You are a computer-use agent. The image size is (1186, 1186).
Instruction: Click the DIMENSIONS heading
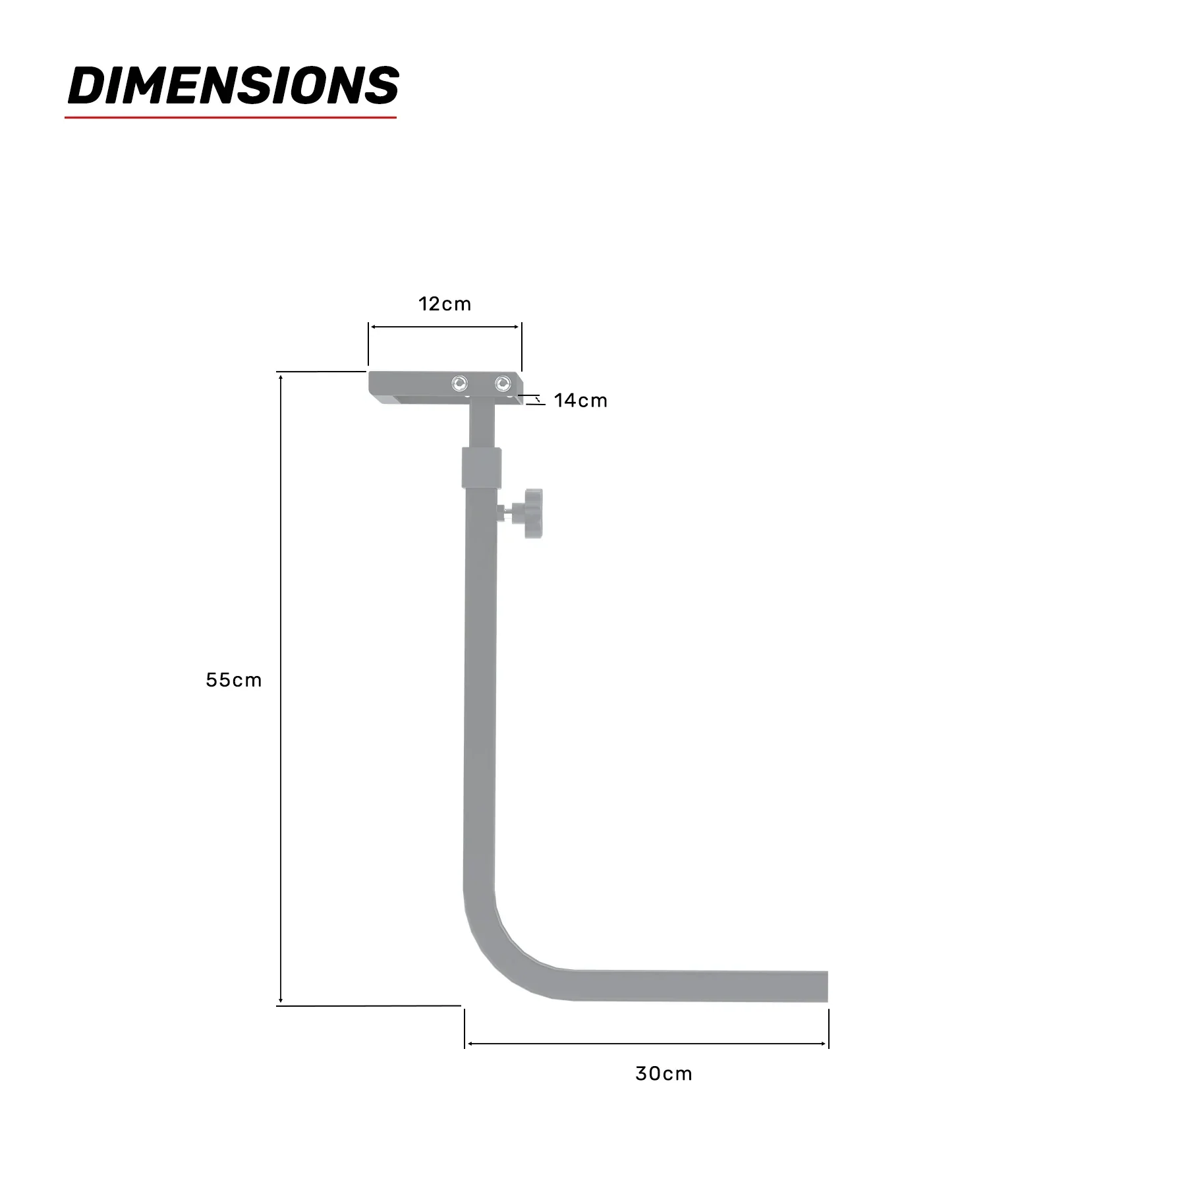tap(233, 86)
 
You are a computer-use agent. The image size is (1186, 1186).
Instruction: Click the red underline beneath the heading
tap(231, 118)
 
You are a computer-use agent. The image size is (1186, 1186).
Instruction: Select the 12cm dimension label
tap(445, 304)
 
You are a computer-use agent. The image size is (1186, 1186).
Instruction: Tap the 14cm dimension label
tap(580, 401)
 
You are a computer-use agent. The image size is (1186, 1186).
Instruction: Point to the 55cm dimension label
tap(234, 680)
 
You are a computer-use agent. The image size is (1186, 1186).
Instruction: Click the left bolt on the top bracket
tap(459, 383)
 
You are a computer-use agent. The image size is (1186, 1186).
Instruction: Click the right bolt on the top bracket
tap(503, 383)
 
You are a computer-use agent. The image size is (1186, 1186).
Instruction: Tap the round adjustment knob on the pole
tap(532, 514)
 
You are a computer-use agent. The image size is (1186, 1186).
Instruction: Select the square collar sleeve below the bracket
tap(482, 467)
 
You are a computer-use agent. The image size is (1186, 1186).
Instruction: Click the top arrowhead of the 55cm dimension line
tap(281, 376)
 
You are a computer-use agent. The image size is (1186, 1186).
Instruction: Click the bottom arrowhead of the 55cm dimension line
tap(281, 1002)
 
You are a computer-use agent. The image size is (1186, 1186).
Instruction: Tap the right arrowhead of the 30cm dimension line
tap(824, 1044)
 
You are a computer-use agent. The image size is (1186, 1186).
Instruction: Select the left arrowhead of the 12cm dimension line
tap(372, 327)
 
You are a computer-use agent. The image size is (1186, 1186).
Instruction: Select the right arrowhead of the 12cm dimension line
tap(518, 327)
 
